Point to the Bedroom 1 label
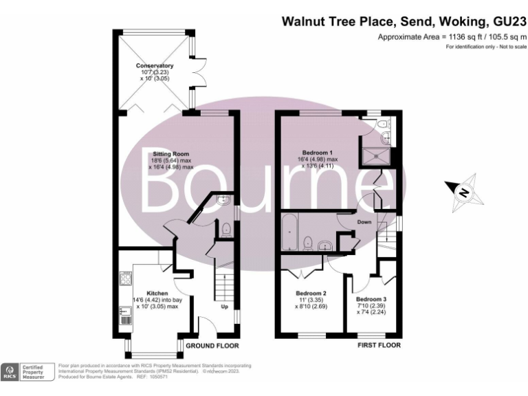pyautogui.click(x=318, y=152)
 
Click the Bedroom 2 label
pyautogui.click(x=310, y=294)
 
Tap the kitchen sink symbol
pyautogui.click(x=126, y=316)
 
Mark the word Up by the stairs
pyautogui.click(x=224, y=307)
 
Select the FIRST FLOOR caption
pyautogui.click(x=379, y=345)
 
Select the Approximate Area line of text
pyautogui.click(x=451, y=37)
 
